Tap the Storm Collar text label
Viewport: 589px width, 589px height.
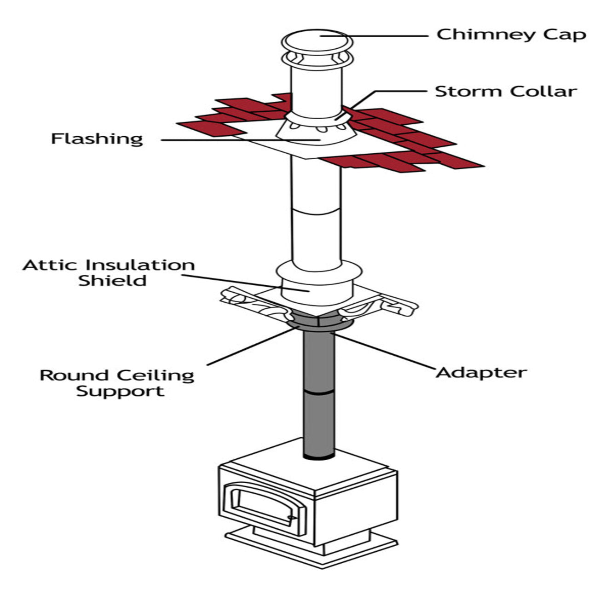506,91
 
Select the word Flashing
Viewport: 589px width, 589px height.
97,139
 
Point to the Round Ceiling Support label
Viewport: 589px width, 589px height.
117,383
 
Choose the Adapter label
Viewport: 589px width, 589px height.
481,372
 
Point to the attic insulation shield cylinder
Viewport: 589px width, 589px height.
315,288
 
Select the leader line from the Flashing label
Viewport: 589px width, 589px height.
230,139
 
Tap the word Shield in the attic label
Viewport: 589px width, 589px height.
112,281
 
